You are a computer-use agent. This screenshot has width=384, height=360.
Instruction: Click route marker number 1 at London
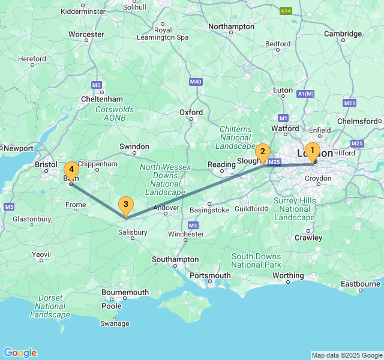311,151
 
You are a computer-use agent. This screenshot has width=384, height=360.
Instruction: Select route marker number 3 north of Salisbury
125,205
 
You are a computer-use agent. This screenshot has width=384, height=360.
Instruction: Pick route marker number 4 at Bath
71,170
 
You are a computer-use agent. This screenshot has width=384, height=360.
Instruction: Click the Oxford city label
191,112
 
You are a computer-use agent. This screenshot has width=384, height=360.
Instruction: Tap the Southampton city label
176,259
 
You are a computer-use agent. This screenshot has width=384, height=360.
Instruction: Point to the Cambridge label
343,34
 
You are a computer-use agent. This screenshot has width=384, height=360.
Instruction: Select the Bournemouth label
125,292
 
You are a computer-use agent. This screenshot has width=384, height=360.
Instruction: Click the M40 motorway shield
196,82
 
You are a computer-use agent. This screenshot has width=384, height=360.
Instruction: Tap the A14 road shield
287,11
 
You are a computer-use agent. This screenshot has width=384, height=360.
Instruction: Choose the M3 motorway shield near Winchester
193,225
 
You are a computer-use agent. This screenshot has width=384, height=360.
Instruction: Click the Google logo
20,353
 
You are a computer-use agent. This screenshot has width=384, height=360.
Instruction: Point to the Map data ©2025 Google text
347,355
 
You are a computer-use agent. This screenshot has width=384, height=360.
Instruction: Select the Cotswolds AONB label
115,113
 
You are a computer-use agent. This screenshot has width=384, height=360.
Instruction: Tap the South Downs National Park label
256,260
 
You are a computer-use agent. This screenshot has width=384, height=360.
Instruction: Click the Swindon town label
134,146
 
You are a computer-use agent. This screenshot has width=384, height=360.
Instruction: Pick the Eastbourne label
360,284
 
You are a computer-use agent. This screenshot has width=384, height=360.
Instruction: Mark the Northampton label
231,26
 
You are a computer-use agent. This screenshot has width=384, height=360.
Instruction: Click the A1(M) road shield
305,94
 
